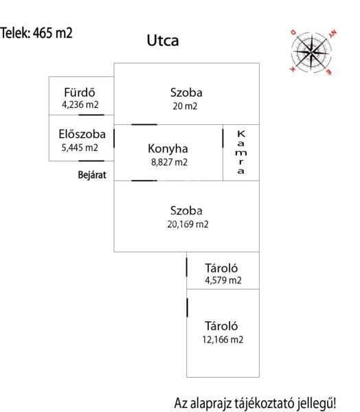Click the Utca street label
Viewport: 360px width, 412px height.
(163, 41)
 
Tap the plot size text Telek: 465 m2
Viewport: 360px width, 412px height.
(36, 33)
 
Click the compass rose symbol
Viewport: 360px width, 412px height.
(312, 52)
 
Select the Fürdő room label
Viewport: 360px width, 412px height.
(80, 92)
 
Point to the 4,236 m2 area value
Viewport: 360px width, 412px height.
(80, 104)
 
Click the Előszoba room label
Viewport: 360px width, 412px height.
(82, 134)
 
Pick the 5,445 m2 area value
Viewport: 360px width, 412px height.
(80, 148)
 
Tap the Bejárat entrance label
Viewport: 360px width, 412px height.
(92, 174)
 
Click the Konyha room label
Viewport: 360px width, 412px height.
(168, 149)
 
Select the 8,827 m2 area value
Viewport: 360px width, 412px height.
(169, 162)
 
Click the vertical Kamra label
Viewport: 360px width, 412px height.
(241, 152)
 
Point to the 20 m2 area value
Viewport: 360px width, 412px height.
(185, 106)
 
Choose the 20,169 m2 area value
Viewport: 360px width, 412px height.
(188, 224)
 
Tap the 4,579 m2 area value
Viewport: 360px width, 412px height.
(223, 280)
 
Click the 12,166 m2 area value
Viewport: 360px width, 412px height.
(223, 339)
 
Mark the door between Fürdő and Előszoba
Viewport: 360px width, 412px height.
(91, 115)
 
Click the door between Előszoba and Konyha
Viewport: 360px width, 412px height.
(114, 138)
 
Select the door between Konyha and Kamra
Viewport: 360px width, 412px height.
(223, 138)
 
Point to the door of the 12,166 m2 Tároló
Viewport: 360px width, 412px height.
(187, 308)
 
